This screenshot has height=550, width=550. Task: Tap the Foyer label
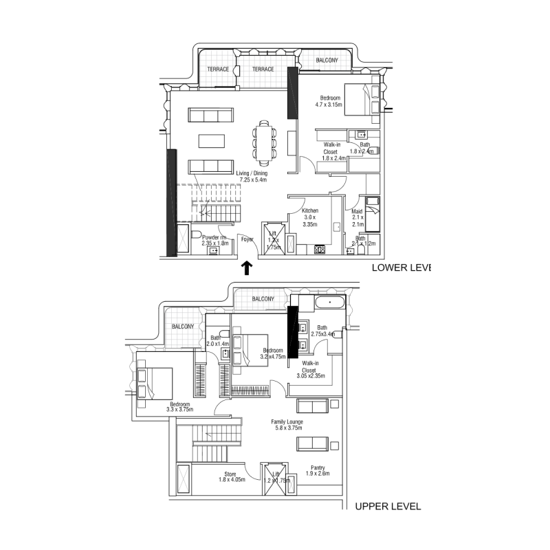(246, 239)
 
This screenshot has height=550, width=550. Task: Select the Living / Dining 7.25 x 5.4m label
(251, 177)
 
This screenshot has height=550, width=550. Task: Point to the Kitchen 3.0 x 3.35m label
(310, 217)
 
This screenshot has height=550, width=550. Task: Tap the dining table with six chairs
(265, 140)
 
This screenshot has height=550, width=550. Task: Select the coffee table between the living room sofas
(211, 140)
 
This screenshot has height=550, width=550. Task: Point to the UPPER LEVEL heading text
(387, 507)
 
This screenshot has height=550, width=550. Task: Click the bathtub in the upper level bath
(330, 302)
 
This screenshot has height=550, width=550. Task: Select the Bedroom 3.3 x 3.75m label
(180, 407)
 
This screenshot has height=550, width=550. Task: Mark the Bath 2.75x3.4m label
(322, 331)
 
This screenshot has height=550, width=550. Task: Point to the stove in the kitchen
(320, 250)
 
